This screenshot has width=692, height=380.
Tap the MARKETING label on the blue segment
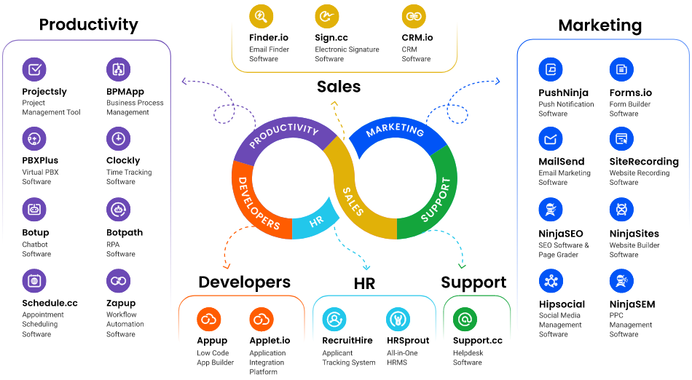coord(395,130)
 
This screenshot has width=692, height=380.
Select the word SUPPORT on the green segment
coord(436,199)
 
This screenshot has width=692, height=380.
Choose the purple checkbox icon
coord(34,69)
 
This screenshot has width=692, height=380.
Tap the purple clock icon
coord(118,138)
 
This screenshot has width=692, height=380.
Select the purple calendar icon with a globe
coord(34,280)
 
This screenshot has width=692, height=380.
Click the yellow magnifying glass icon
coord(261,16)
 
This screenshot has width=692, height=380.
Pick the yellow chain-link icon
coord(414,16)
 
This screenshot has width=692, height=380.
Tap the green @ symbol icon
coord(465,319)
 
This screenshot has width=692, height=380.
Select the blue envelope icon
coord(551,138)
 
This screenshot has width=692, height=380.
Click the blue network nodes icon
coord(551,280)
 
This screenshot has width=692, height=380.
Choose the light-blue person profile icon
coord(334,319)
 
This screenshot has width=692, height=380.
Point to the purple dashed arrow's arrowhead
coord(183,82)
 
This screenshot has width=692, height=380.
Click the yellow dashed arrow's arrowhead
coord(334,103)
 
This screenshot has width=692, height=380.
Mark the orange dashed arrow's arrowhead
coord(226,266)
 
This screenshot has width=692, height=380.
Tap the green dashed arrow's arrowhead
coord(461,266)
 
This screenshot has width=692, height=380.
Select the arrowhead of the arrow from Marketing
coord(498,82)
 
